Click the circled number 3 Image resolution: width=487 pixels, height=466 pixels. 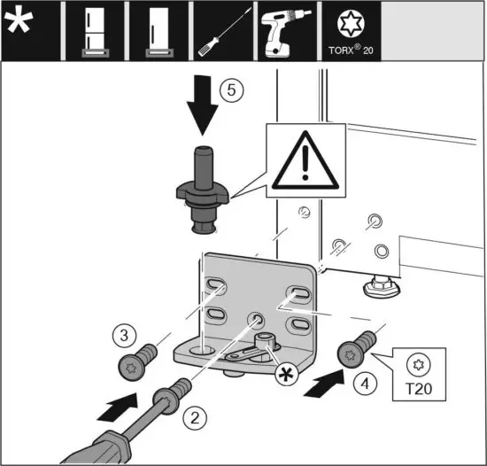123,336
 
